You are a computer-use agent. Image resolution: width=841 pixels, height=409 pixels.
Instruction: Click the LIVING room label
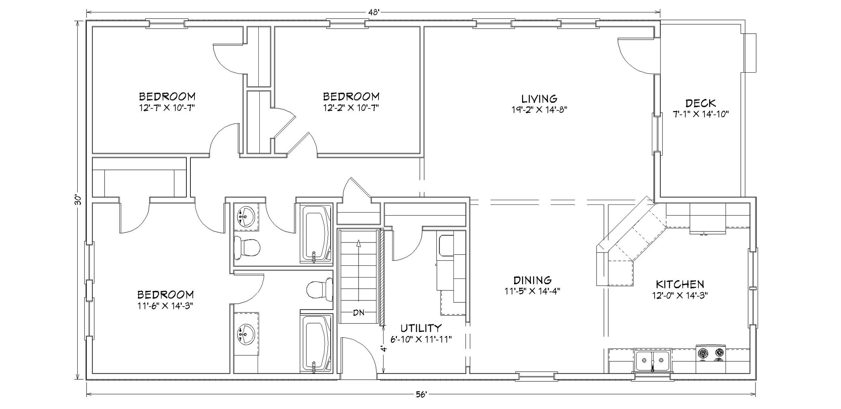click(x=539, y=99)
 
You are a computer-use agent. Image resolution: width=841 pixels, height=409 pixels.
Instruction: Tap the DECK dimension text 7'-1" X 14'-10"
click(x=700, y=114)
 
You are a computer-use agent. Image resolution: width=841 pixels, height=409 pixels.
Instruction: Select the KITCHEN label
click(x=680, y=285)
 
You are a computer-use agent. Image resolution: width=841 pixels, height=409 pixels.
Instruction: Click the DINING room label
click(x=532, y=280)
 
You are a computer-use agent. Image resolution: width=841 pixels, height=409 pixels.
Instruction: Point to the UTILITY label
click(x=420, y=328)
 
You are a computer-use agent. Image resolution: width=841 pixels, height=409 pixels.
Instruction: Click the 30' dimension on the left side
click(x=78, y=200)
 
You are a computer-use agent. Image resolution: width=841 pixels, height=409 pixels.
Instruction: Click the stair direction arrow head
click(x=359, y=243)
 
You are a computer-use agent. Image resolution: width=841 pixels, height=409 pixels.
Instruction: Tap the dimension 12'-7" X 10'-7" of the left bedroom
click(x=167, y=108)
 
